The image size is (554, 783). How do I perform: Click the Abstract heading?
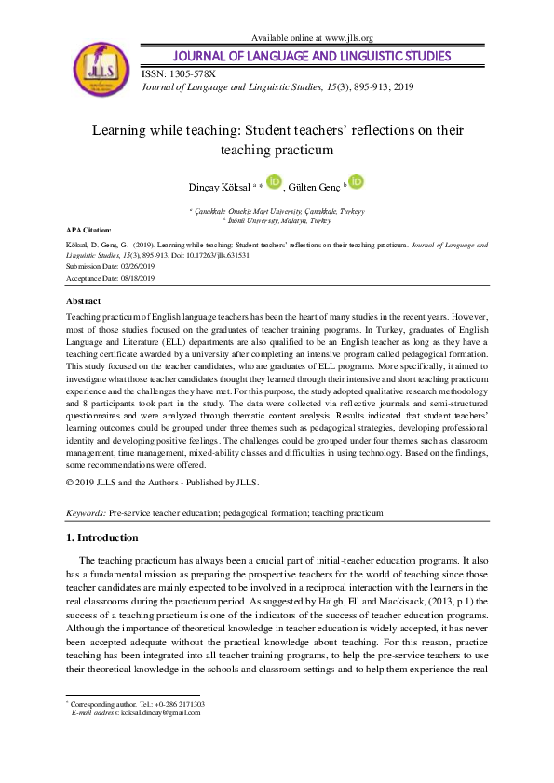(x=84, y=302)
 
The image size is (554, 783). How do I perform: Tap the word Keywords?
(x=87, y=513)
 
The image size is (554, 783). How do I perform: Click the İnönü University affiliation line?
(x=278, y=220)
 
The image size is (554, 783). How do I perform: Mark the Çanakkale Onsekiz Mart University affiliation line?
(x=278, y=211)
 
